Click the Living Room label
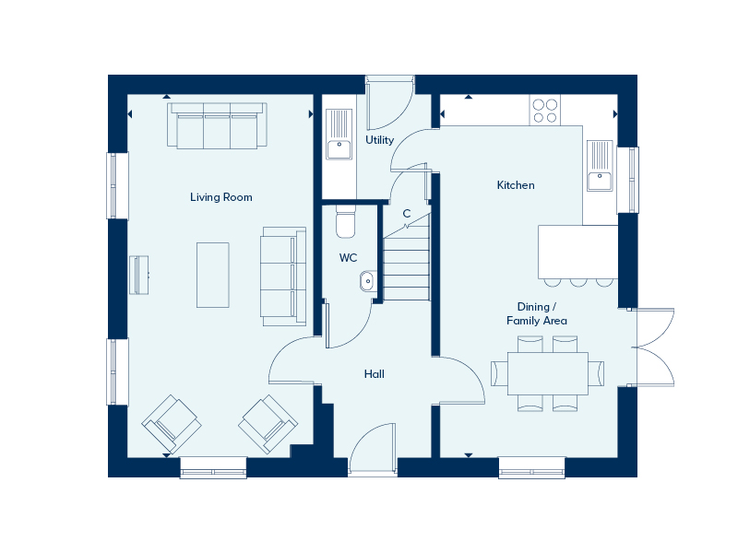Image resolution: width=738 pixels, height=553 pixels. click(x=220, y=197)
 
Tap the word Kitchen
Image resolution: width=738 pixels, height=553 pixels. click(x=516, y=185)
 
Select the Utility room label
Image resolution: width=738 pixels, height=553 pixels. click(x=379, y=140)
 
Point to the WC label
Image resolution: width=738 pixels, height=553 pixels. click(x=348, y=258)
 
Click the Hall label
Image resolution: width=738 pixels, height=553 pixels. click(x=375, y=374)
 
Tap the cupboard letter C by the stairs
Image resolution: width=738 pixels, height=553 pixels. click(x=407, y=214)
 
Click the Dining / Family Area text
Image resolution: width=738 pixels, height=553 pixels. click(x=537, y=313)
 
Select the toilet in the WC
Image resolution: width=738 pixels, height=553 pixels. click(x=345, y=222)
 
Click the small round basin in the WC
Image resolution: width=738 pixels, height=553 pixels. click(x=368, y=281)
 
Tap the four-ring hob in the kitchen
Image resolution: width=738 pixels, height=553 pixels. click(x=545, y=111)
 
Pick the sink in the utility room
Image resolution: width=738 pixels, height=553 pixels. click(x=339, y=135)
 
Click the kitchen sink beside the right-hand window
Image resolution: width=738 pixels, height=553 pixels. click(x=601, y=166)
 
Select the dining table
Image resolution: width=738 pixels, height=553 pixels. click(x=548, y=373)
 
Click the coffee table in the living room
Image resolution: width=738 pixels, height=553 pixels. click(x=213, y=275)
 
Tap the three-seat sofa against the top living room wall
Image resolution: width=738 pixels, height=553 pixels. click(x=217, y=125)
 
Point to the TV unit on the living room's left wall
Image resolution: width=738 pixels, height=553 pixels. click(x=139, y=275)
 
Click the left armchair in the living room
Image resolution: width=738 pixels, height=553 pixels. click(x=172, y=424)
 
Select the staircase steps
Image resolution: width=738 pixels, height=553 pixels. click(x=406, y=268)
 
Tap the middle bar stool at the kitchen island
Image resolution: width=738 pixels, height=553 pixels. click(x=578, y=282)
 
